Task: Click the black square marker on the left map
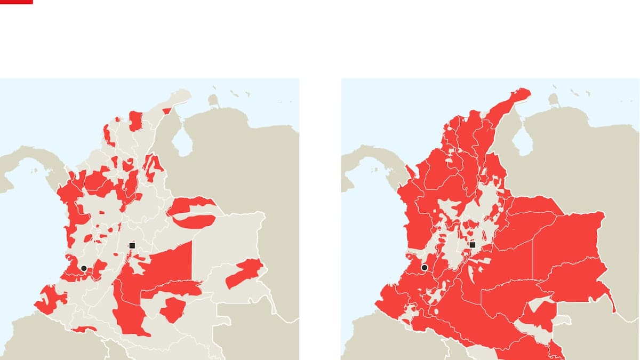(132, 245)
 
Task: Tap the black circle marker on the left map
(84, 268)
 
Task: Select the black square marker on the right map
(472, 245)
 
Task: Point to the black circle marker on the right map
(425, 267)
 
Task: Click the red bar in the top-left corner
(16, 2)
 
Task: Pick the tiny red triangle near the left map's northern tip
(167, 111)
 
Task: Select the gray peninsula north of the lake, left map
(214, 100)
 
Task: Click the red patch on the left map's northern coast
(135, 121)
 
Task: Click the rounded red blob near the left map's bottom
(172, 310)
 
